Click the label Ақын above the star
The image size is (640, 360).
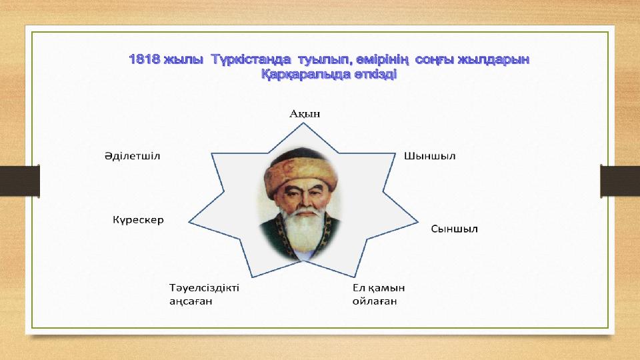coord(305,114)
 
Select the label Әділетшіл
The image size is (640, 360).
coord(132,156)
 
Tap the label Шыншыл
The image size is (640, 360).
coord(430,156)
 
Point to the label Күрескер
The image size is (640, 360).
coord(139,220)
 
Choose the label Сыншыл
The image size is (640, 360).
coord(454,229)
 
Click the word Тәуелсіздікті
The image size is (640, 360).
coord(204,288)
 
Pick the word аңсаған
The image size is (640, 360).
coord(191,301)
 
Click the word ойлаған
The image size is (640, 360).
coord(375,301)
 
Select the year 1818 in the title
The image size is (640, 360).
coord(145,59)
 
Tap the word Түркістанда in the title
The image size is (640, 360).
coord(251,59)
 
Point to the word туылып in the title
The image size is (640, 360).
coord(325,60)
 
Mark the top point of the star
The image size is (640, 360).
coord(303,123)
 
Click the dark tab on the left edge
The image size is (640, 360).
coord(19,181)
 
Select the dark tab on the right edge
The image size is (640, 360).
coord(620,181)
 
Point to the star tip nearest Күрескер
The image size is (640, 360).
coord(189,223)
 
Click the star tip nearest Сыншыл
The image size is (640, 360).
coord(418,222)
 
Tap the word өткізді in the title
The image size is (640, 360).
coord(375,75)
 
